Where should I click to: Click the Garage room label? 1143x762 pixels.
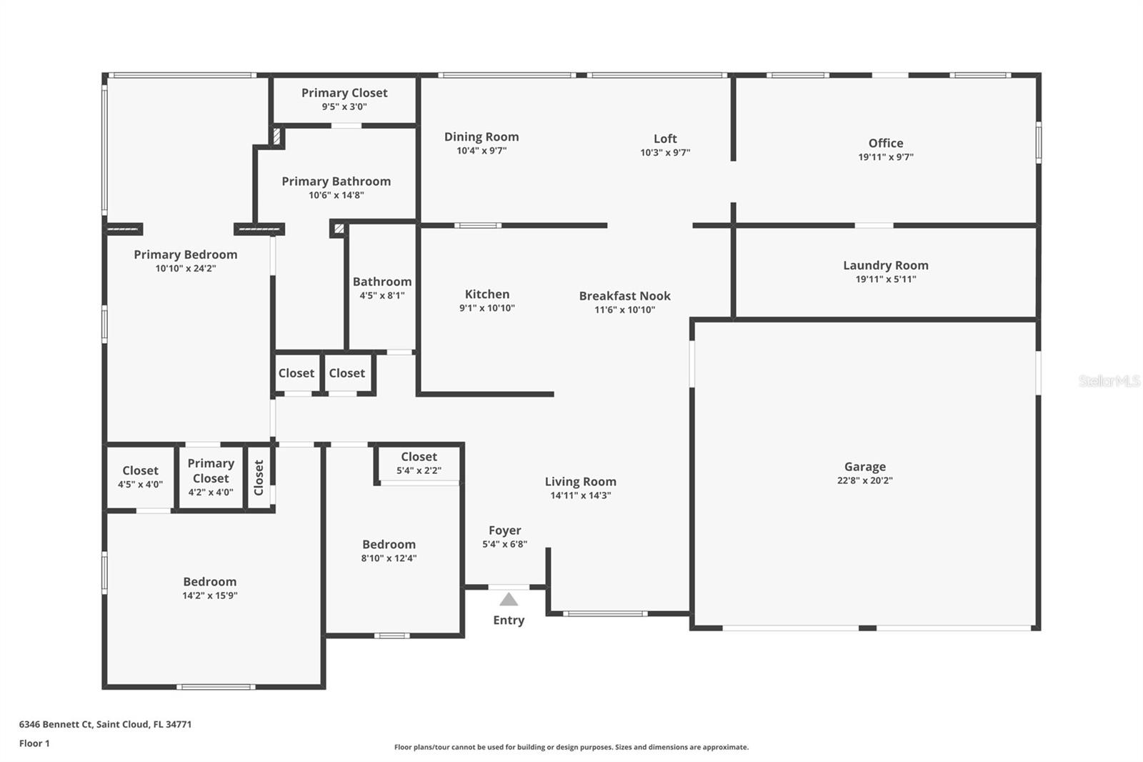pos(865,466)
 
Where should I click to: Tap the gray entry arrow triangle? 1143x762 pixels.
pos(509,600)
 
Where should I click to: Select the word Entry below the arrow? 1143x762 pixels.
pos(509,620)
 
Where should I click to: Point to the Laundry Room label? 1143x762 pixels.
pos(886,265)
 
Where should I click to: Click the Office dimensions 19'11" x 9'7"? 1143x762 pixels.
pos(886,157)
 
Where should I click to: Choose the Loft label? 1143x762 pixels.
pos(665,139)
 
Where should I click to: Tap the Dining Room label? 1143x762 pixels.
pos(481,137)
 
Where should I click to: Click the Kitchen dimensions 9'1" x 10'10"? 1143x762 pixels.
pos(487,308)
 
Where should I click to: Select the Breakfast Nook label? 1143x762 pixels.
pos(625,296)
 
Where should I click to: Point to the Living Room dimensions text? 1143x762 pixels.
pos(581,495)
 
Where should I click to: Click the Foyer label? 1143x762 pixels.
pos(505,530)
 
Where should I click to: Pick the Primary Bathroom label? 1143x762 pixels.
pos(336,182)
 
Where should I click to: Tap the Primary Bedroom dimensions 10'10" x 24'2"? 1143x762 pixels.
pos(186,268)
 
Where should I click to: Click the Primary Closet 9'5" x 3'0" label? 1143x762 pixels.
pos(344,99)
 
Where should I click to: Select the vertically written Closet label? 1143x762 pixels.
pos(259,478)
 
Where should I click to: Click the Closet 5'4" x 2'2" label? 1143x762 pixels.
pos(419,462)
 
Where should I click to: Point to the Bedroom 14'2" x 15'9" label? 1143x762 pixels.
pos(210,588)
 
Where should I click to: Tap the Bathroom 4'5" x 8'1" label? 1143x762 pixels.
pos(382,288)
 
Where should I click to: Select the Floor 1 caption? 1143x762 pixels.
pos(35,743)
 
